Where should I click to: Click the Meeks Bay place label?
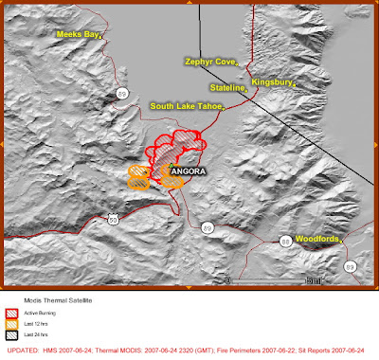[78, 33]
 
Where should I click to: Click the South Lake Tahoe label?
[186, 106]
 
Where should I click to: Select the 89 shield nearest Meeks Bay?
[123, 91]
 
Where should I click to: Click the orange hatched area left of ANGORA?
[139, 176]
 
